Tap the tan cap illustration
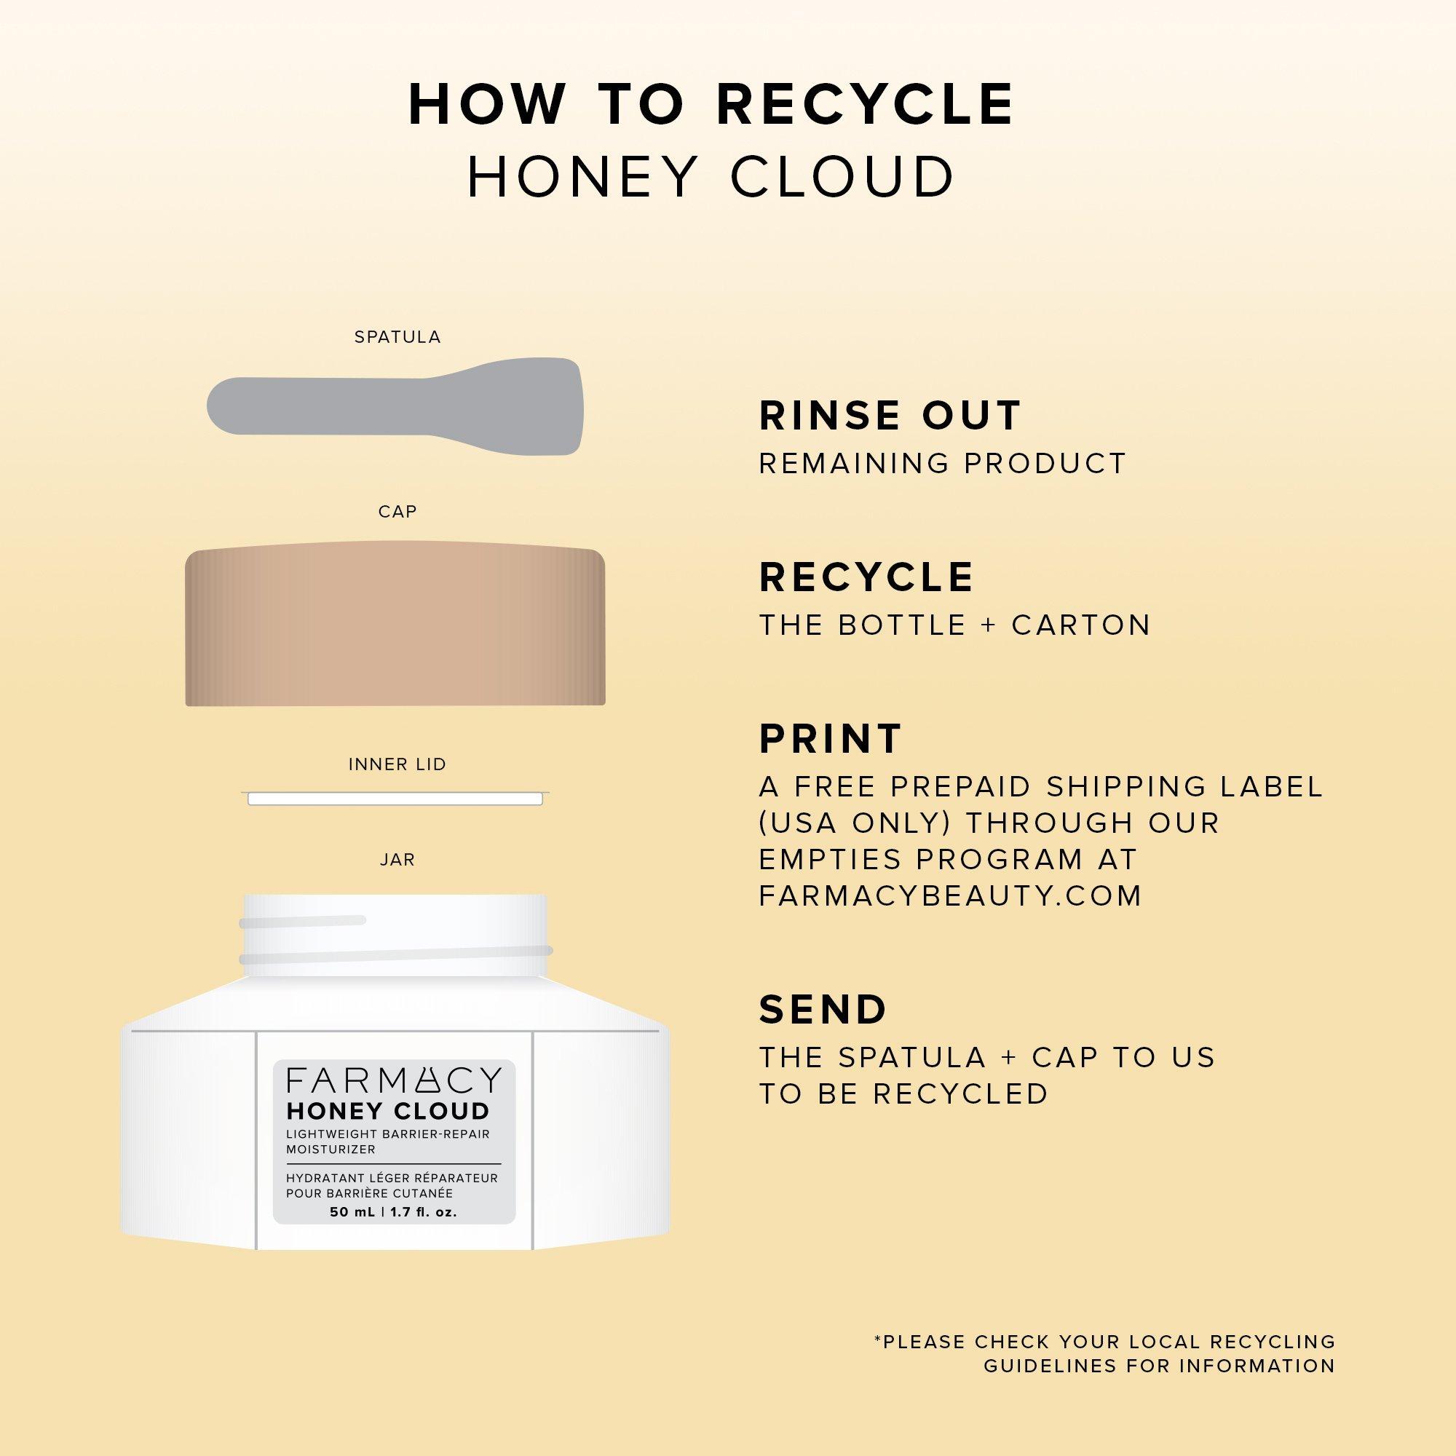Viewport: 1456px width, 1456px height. (395, 623)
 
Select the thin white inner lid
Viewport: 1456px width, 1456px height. (395, 798)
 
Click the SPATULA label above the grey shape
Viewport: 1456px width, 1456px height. (397, 337)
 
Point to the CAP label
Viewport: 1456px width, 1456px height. (397, 512)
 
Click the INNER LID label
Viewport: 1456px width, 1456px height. (397, 764)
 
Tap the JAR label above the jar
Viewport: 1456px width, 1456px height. (397, 860)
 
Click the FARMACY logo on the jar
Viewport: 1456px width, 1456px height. (394, 1080)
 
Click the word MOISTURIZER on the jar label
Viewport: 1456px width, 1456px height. (331, 1150)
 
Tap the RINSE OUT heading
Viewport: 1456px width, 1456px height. (890, 415)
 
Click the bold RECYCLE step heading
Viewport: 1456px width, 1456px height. (866, 577)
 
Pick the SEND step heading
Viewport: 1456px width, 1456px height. (823, 1009)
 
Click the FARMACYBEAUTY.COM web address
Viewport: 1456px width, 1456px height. (950, 895)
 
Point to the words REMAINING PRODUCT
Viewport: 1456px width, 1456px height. (942, 464)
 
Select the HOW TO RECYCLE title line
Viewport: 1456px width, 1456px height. (711, 104)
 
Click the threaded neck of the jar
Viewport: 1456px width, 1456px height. (395, 935)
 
